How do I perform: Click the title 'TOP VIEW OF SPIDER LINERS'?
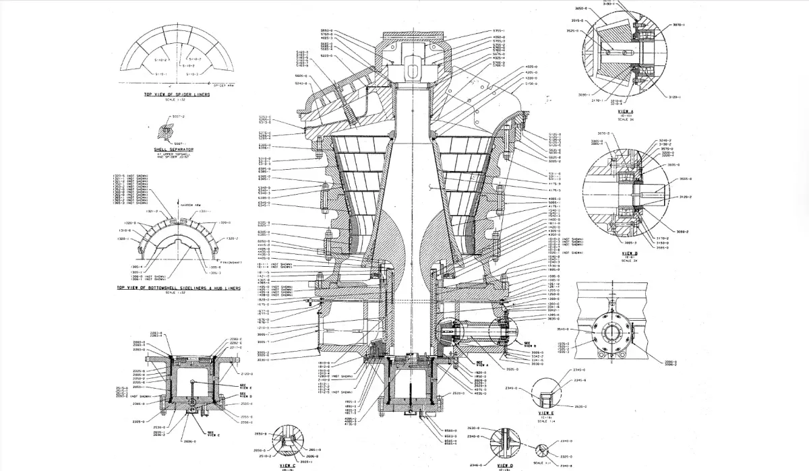click(x=177, y=94)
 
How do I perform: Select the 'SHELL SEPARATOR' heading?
click(x=174, y=149)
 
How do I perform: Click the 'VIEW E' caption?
click(x=545, y=413)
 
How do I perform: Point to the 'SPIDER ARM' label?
click(x=222, y=86)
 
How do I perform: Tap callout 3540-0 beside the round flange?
click(x=564, y=329)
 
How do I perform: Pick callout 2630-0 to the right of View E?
click(x=580, y=407)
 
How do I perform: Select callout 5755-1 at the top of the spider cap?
click(x=500, y=30)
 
